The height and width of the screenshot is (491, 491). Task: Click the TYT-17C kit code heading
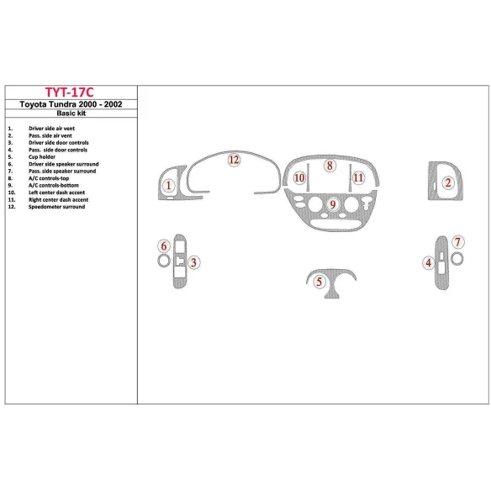click(70, 92)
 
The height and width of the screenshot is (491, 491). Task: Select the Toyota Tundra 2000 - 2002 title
click(70, 105)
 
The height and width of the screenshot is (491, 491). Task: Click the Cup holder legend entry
click(42, 157)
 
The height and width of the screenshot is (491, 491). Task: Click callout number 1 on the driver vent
click(169, 186)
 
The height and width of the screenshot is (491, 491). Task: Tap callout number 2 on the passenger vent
click(449, 183)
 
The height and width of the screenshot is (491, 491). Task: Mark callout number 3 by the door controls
click(193, 263)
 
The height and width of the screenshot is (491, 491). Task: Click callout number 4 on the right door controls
click(429, 263)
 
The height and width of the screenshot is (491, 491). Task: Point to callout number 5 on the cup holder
click(319, 282)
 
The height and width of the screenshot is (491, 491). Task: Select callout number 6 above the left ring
click(163, 245)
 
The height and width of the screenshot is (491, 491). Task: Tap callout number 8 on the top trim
click(330, 166)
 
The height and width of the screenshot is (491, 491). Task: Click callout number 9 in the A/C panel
click(333, 204)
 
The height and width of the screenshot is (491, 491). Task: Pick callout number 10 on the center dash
click(299, 178)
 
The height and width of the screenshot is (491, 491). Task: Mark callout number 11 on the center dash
click(359, 178)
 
